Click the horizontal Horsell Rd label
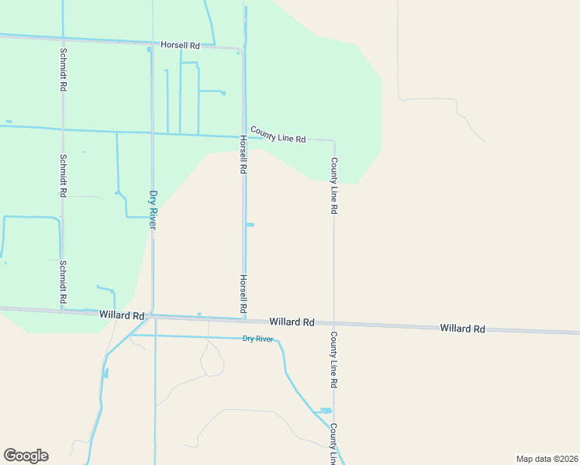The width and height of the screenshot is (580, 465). (181, 45)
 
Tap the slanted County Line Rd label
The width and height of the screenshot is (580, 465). (278, 135)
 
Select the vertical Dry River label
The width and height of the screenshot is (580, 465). (154, 209)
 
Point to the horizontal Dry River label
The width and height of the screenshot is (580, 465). (258, 339)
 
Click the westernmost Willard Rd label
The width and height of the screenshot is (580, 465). (123, 315)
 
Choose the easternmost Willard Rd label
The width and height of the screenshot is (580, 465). (462, 329)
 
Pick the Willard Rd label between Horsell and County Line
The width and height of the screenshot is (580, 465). (292, 322)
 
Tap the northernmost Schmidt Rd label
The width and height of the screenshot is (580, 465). (63, 71)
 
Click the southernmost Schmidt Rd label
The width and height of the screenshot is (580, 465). (63, 283)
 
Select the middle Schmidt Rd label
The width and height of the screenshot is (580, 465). (63, 174)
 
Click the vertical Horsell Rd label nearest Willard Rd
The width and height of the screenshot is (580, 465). (243, 295)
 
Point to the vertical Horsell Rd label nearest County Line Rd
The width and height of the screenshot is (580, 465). (243, 154)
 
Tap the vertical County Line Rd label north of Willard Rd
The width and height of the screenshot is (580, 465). (334, 186)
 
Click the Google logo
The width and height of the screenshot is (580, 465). (26, 456)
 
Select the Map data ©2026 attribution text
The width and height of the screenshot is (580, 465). (547, 459)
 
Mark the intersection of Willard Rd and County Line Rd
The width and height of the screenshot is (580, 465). (334, 323)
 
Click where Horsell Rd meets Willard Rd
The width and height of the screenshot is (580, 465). (243, 319)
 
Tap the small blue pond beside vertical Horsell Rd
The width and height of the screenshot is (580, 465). (250, 225)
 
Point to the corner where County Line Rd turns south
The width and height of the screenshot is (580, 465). (333, 141)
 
